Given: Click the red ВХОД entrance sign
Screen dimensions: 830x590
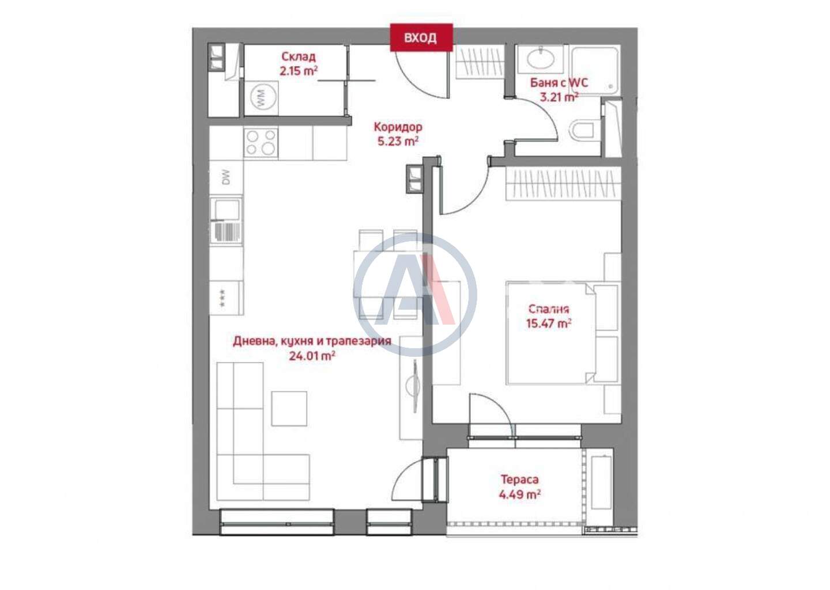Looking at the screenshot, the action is pos(421,37).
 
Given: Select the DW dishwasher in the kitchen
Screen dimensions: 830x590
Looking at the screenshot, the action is pos(227,177).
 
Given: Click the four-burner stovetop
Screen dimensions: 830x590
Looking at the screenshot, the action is pos(261,143).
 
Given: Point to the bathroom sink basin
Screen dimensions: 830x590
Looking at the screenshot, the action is pos(541,59).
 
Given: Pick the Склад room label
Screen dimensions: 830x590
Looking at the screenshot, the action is pos(299,57).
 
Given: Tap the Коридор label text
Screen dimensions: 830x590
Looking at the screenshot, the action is pos(398,127).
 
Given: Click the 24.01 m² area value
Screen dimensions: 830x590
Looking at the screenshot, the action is pos(312,356).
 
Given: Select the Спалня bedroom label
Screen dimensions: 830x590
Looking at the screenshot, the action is pos(548,309).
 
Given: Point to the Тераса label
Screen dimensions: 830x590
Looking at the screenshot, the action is pos(519,479).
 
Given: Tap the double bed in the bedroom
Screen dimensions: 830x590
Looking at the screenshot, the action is pos(563,333).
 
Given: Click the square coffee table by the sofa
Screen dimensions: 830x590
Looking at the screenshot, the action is pos(289,409).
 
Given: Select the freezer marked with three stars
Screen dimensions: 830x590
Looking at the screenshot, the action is pos(227,298).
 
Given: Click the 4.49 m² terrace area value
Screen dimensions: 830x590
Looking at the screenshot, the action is pos(519,494).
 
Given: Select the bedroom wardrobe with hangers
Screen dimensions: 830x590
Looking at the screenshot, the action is pos(563,184).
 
